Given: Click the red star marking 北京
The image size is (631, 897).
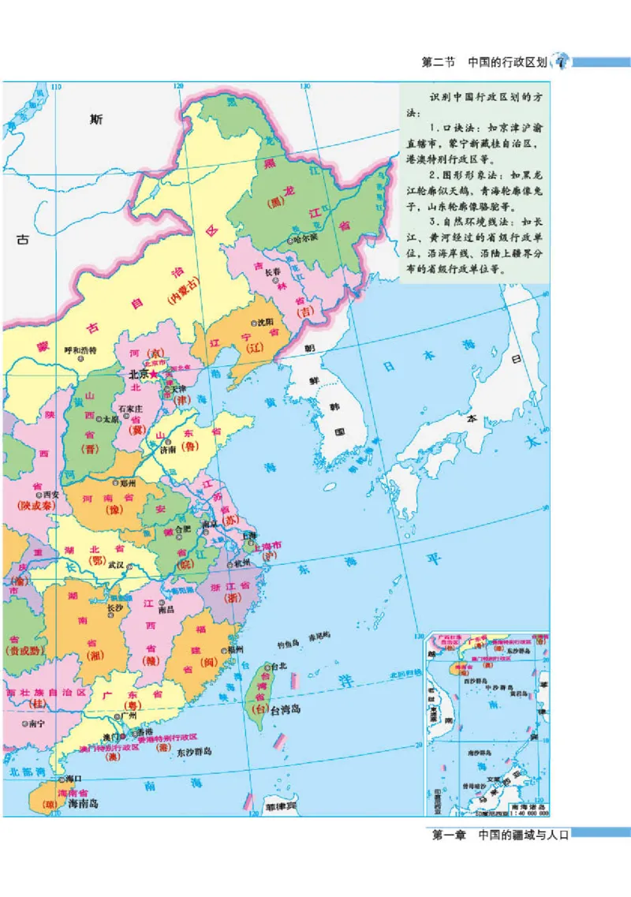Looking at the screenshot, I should (x=155, y=373).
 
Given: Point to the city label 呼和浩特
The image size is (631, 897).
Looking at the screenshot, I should (x=80, y=349).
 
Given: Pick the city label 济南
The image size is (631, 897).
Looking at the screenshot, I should (x=168, y=450).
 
